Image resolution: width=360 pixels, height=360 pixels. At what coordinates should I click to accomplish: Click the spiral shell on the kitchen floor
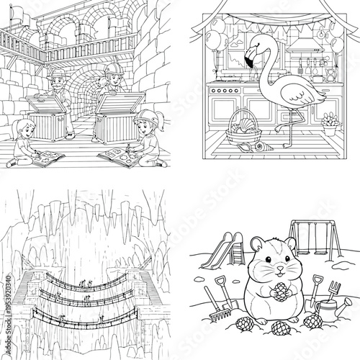(x=256, y=149)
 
